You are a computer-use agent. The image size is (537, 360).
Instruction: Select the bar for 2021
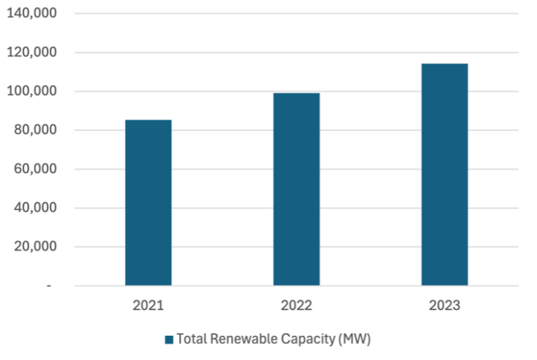click(x=148, y=202)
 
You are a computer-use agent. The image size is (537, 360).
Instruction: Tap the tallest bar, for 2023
click(x=444, y=174)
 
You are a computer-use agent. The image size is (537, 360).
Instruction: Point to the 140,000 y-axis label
click(x=32, y=13)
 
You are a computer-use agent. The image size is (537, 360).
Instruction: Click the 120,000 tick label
click(x=32, y=52)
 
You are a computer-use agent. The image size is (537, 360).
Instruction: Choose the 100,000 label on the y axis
click(x=32, y=91)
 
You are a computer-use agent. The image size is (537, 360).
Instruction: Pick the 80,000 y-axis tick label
click(x=35, y=130)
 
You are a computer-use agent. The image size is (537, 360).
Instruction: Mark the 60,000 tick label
click(x=35, y=169)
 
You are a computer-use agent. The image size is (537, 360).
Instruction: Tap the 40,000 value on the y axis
click(x=35, y=208)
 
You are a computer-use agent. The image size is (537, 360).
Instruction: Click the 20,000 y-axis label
click(x=35, y=247)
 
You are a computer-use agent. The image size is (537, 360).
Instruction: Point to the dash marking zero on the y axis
click(x=48, y=286)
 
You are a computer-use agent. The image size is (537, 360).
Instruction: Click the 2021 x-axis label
click(x=148, y=306)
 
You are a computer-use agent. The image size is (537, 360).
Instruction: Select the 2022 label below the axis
click(x=296, y=306)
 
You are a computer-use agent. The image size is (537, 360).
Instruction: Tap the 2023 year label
click(x=444, y=306)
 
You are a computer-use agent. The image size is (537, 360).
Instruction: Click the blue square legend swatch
click(x=169, y=340)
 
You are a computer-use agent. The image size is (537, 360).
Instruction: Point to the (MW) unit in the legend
click(x=354, y=339)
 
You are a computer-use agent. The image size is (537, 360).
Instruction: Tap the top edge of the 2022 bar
click(x=296, y=93)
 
